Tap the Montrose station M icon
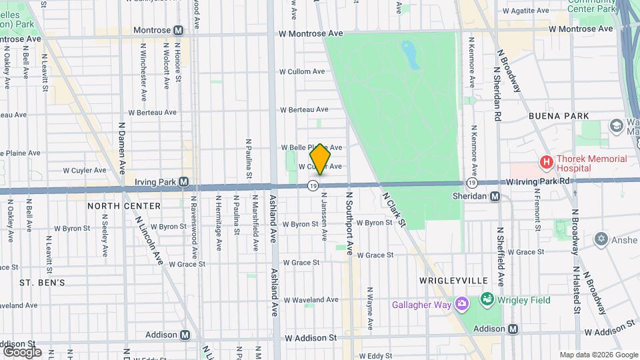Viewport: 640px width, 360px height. click(x=178, y=30)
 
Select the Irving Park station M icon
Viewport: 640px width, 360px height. click(x=184, y=181)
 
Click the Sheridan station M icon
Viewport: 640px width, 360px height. click(x=495, y=196)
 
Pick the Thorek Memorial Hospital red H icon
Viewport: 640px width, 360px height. click(x=547, y=162)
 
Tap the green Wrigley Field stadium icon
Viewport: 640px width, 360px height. click(x=487, y=300)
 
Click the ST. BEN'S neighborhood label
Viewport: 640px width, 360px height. click(x=42, y=283)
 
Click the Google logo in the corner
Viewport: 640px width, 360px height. click(x=22, y=351)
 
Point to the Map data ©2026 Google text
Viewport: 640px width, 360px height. click(x=598, y=355)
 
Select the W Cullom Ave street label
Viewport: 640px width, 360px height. click(x=302, y=71)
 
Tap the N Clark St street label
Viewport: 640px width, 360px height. click(x=394, y=209)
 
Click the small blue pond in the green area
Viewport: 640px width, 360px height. click(x=411, y=55)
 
